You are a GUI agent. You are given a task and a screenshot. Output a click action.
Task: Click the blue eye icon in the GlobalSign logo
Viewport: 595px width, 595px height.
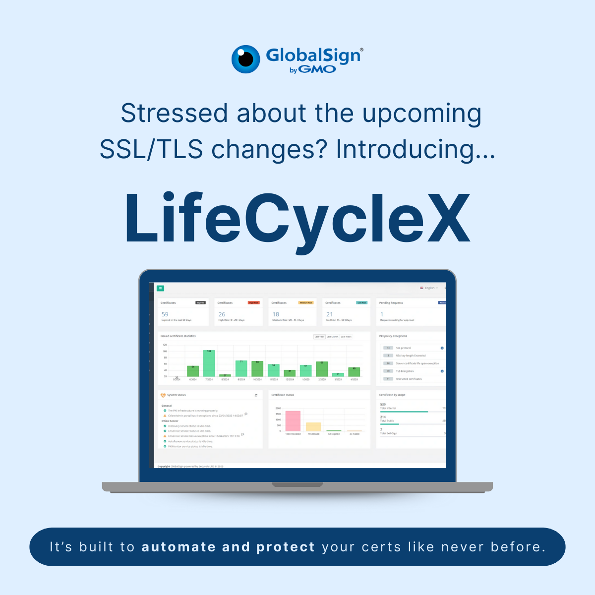[x=246, y=59]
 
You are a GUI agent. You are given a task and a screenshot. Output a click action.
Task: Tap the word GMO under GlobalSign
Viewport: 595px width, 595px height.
[x=317, y=69]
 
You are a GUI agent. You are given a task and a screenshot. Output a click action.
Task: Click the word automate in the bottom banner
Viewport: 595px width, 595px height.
[x=178, y=547]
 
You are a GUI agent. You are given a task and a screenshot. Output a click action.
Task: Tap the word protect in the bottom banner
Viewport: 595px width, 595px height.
[x=286, y=547]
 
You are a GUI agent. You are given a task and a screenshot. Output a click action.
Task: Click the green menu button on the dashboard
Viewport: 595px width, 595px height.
[x=161, y=288]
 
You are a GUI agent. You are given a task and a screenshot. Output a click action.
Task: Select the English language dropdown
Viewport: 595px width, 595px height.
[x=429, y=288]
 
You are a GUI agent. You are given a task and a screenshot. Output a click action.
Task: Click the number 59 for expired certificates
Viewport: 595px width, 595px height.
[x=165, y=314]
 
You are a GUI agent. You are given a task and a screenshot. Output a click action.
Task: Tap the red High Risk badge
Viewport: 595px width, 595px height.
[x=253, y=302]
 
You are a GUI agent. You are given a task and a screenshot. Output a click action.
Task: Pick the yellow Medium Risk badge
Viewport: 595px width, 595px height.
[x=305, y=302]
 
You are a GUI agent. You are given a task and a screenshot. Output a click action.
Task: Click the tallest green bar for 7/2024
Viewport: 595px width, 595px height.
[x=209, y=363]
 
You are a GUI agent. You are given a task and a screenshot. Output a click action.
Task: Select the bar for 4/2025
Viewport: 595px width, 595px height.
[x=354, y=372]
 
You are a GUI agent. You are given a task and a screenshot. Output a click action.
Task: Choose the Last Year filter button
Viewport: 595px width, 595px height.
[x=319, y=337]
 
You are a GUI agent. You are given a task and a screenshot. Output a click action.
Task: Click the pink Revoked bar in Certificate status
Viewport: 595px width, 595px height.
[x=293, y=420]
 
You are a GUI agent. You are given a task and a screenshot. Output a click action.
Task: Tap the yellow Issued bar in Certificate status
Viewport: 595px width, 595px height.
[x=313, y=426]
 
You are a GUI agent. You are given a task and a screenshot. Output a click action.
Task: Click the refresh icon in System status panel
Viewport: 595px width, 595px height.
[x=256, y=395]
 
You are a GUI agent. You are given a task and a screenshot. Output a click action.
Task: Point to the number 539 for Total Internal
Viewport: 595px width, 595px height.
[x=383, y=405]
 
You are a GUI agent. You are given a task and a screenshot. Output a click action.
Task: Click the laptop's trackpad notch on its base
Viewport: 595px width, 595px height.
[x=297, y=484]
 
